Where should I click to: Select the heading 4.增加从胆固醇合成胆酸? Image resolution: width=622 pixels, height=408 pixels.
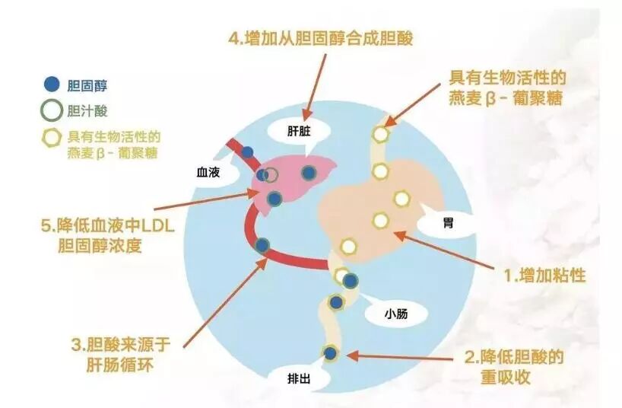tap(315, 37)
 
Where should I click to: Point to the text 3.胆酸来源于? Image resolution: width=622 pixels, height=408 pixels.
tap(121, 343)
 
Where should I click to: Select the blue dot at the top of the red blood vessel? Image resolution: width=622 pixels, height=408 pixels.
tap(247, 151)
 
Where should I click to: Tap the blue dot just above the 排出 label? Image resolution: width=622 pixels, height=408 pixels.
tap(330, 352)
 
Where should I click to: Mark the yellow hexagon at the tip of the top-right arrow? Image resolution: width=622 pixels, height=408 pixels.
tap(380, 135)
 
